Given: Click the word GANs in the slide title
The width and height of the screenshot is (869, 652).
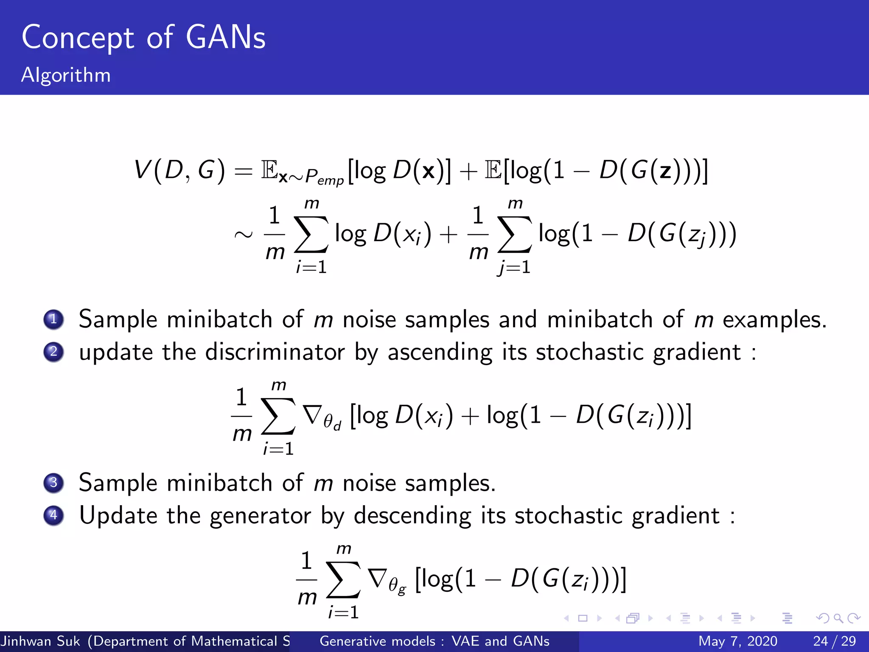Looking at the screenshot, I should pos(225,38).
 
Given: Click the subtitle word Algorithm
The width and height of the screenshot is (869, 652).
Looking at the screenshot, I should pos(66,76).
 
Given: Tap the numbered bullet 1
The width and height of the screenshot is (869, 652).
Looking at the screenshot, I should pos(53,319).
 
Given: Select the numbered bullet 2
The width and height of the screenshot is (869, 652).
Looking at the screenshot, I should pos(53,352).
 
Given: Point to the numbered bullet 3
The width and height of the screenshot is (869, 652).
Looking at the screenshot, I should pos(53,483).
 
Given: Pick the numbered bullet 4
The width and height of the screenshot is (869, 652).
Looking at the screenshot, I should pos(53,515).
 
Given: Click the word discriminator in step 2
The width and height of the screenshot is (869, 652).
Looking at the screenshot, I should pos(275,352).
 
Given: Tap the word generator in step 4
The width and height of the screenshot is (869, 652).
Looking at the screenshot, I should pos(260,516).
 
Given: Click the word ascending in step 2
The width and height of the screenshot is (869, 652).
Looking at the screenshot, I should pos(440,353).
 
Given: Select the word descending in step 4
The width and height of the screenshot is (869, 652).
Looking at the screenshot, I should pos(412,516).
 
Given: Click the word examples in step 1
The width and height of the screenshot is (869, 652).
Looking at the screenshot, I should pos(774,320).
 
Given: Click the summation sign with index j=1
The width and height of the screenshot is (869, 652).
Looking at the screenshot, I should pos(514,234).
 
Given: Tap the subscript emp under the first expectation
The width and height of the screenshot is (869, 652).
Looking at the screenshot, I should pos(330,181).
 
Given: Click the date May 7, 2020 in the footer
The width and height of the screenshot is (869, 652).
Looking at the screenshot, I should pos(737,641).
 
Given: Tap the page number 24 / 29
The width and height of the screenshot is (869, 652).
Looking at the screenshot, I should pos(834,641).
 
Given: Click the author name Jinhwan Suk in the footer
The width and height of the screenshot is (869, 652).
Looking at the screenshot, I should pos(41,641).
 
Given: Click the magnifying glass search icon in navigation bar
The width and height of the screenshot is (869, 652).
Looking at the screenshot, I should pos(838,618).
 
